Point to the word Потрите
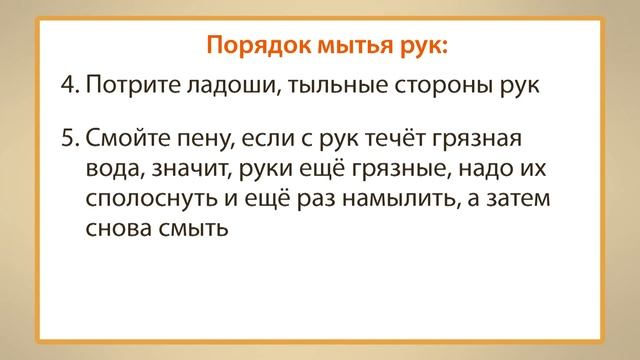coord(123,87)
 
